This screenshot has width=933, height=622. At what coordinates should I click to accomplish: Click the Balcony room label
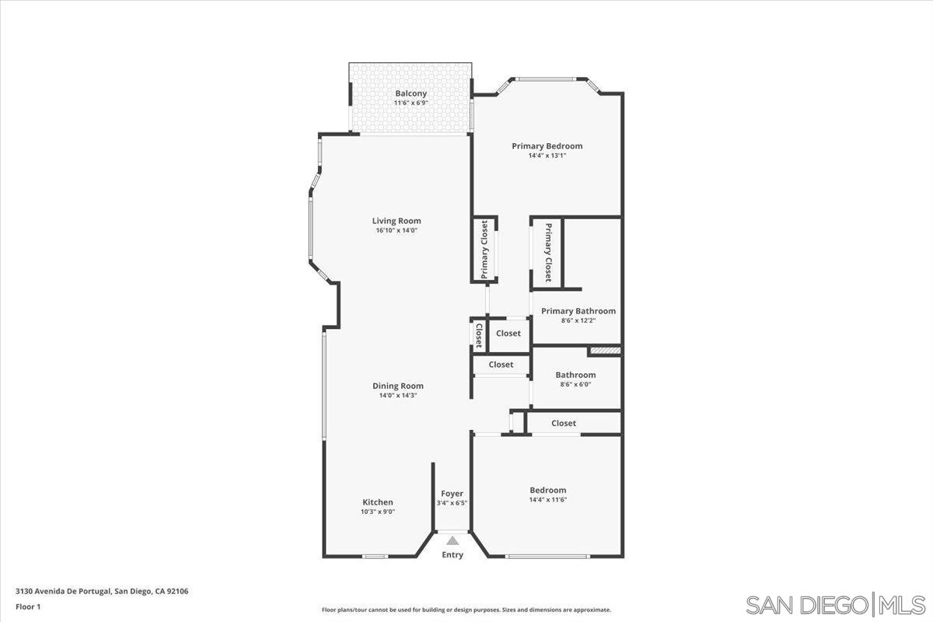pos(411,93)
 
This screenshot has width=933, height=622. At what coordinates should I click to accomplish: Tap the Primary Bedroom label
pos(547,145)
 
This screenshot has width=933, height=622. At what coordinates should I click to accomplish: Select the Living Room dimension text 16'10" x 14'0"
pos(397,231)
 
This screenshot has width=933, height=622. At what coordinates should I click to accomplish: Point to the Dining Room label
pos(398,386)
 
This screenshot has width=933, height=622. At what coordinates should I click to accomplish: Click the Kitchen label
pos(378,502)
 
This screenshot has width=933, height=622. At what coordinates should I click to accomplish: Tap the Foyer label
pos(452,494)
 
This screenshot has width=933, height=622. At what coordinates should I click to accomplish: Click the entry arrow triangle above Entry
pos(453,540)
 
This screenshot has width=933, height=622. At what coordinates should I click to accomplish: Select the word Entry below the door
pos(453,555)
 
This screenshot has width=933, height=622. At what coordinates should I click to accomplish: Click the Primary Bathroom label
pos(578,311)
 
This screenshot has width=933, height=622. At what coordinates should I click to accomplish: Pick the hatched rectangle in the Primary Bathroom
pos(605,351)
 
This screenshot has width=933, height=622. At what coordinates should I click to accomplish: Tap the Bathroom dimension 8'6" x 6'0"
pos(575,385)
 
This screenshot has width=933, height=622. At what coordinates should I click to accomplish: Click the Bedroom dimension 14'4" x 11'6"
pos(548,500)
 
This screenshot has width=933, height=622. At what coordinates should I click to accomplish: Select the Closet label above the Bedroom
pos(564,423)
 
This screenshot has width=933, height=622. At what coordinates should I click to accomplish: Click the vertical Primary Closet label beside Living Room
pos(484,250)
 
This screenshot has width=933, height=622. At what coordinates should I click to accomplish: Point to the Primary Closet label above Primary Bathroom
pos(548,252)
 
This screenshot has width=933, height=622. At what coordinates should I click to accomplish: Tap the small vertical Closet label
pos(479,335)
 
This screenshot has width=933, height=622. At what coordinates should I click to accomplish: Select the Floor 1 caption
pos(28,606)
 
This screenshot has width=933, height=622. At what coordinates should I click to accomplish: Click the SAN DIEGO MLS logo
pos(835,604)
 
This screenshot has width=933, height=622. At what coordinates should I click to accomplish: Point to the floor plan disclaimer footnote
pos(466,610)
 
